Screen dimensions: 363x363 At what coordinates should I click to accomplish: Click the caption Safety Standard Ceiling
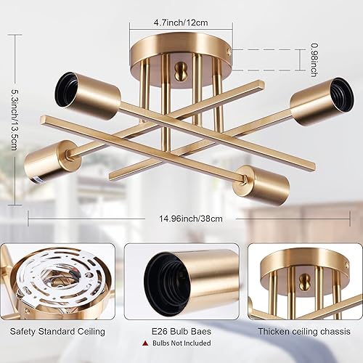[57, 332]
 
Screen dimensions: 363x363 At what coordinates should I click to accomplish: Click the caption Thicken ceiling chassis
[305, 332]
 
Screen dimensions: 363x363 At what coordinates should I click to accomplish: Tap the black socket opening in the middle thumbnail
[158, 279]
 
